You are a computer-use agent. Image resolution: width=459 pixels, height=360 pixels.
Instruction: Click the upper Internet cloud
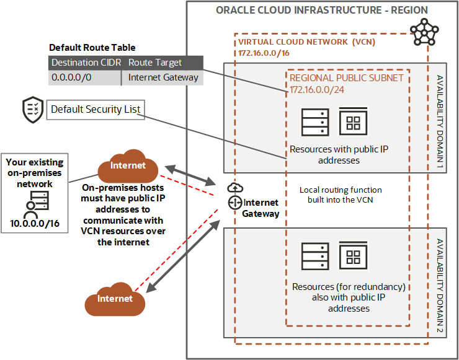click(x=128, y=167)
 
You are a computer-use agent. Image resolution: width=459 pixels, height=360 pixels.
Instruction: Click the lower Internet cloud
click(x=115, y=299)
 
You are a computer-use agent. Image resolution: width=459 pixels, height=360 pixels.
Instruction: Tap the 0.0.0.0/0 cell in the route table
click(x=85, y=77)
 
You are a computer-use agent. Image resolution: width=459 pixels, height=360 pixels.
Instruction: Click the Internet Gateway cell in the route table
click(x=163, y=77)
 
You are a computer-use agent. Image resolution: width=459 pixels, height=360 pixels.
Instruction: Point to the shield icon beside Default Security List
click(x=33, y=110)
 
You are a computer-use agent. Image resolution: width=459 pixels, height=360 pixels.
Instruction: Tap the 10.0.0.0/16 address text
click(x=35, y=222)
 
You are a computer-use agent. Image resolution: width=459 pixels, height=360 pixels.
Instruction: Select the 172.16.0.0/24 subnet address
click(x=316, y=90)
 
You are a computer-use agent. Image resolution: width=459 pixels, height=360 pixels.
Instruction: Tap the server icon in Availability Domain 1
click(x=314, y=123)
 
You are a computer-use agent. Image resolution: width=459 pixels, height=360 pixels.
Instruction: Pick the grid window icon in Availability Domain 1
click(x=354, y=121)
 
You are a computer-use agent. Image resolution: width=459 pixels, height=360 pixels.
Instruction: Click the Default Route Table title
click(x=92, y=48)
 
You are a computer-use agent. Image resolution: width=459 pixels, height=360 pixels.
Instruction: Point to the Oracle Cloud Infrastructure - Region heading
click(x=321, y=11)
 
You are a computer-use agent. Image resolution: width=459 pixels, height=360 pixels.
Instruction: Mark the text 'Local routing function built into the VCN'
click(x=341, y=195)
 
